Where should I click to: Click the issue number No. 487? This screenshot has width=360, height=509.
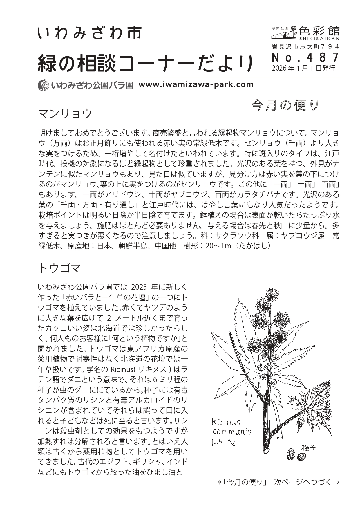(305, 58)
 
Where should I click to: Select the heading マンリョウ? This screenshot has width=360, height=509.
(65, 113)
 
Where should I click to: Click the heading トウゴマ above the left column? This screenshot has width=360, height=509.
(59, 268)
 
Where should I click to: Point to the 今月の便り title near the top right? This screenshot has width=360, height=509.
(285, 106)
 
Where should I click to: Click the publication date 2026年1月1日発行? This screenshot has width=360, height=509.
(303, 68)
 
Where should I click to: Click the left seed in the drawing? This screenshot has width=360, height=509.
(290, 454)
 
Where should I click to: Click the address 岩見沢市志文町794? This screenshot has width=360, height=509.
(305, 46)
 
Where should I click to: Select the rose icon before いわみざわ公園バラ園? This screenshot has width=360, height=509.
(44, 85)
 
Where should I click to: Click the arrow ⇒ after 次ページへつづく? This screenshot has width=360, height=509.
(335, 482)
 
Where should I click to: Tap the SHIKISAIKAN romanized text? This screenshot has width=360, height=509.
(319, 38)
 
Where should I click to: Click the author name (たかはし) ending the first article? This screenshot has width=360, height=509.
(254, 246)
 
